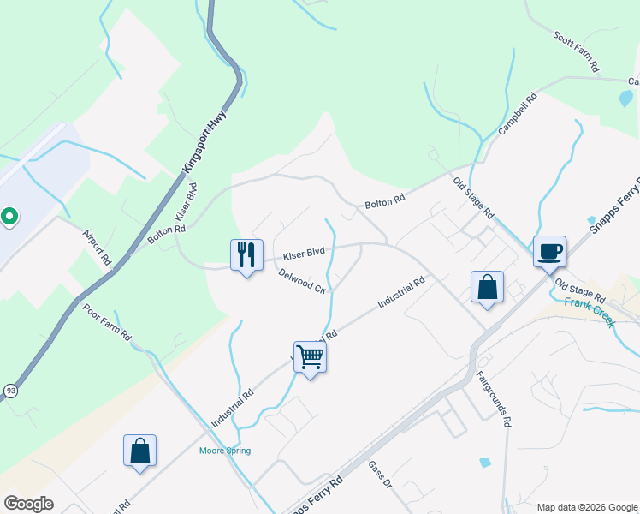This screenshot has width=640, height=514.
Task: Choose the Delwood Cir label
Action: [303, 282]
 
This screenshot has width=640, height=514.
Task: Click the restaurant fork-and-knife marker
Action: [246, 254]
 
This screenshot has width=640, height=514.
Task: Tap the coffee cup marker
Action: [550, 252]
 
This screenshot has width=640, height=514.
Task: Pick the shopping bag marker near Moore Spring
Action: [139, 451]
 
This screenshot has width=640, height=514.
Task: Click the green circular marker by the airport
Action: [9, 217]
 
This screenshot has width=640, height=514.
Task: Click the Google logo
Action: [28, 503]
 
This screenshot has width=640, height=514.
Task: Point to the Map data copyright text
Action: [586, 507]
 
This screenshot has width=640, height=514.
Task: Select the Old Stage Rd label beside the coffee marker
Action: [579, 291]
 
